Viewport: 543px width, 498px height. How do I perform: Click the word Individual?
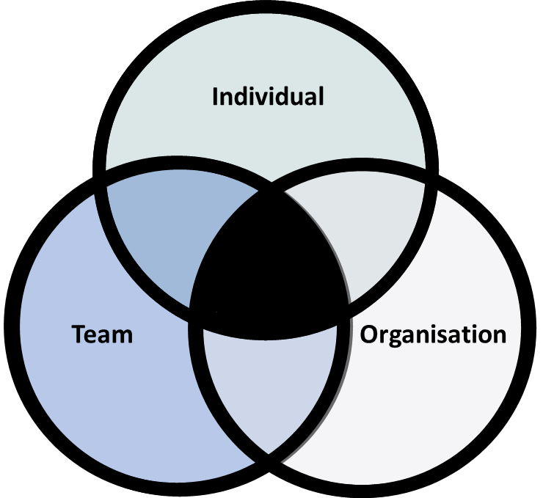click(268, 97)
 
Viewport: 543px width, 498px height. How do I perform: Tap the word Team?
click(102, 334)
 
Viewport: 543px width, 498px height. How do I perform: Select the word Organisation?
click(433, 334)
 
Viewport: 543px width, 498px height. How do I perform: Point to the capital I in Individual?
click(216, 97)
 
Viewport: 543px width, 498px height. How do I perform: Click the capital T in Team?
click(79, 334)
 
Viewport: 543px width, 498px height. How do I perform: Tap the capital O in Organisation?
click(369, 335)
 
